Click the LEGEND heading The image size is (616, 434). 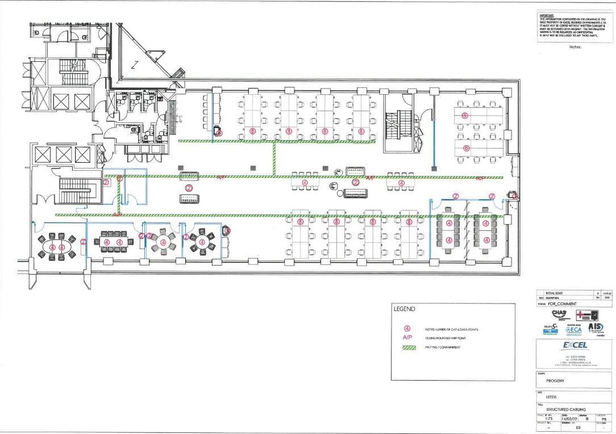coord(405,309)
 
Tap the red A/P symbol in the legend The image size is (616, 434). coord(407,337)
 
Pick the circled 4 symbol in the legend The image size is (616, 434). coord(407,328)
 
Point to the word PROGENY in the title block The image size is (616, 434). coord(555,381)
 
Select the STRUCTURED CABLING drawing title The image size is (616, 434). coord(566,409)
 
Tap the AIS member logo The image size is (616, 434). coord(596,328)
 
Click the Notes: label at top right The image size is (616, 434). coord(575,47)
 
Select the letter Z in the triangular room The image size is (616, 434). coord(135,65)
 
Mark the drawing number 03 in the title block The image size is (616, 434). coord(578,427)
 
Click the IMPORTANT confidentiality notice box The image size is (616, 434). coord(575,26)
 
